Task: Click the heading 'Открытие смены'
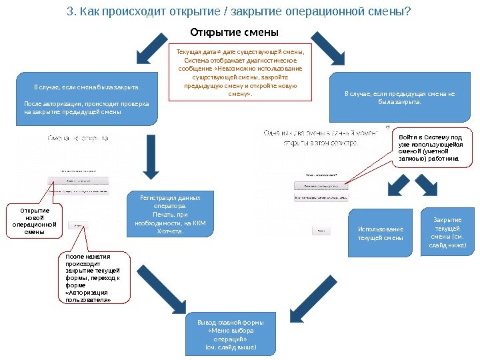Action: (x=233, y=32)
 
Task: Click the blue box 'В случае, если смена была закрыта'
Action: (x=87, y=99)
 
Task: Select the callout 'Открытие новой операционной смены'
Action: (x=34, y=221)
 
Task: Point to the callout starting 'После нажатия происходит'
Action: (x=93, y=277)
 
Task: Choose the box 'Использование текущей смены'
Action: (x=381, y=233)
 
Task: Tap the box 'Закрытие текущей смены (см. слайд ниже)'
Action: (x=447, y=233)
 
